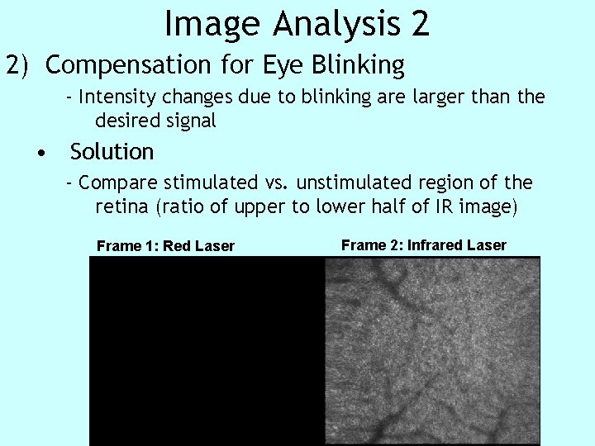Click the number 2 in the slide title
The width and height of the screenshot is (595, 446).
click(x=419, y=24)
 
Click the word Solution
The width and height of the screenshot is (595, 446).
click(x=112, y=152)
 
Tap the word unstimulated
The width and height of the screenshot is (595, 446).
click(x=341, y=183)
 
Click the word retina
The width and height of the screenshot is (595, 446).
click(x=122, y=206)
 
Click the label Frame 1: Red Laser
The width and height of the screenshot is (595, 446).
click(x=165, y=246)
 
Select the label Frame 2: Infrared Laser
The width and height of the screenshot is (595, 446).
click(x=423, y=244)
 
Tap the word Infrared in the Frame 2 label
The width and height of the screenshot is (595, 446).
click(x=435, y=244)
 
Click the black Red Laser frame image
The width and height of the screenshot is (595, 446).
click(x=207, y=351)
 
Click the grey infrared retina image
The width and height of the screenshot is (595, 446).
click(x=432, y=351)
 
